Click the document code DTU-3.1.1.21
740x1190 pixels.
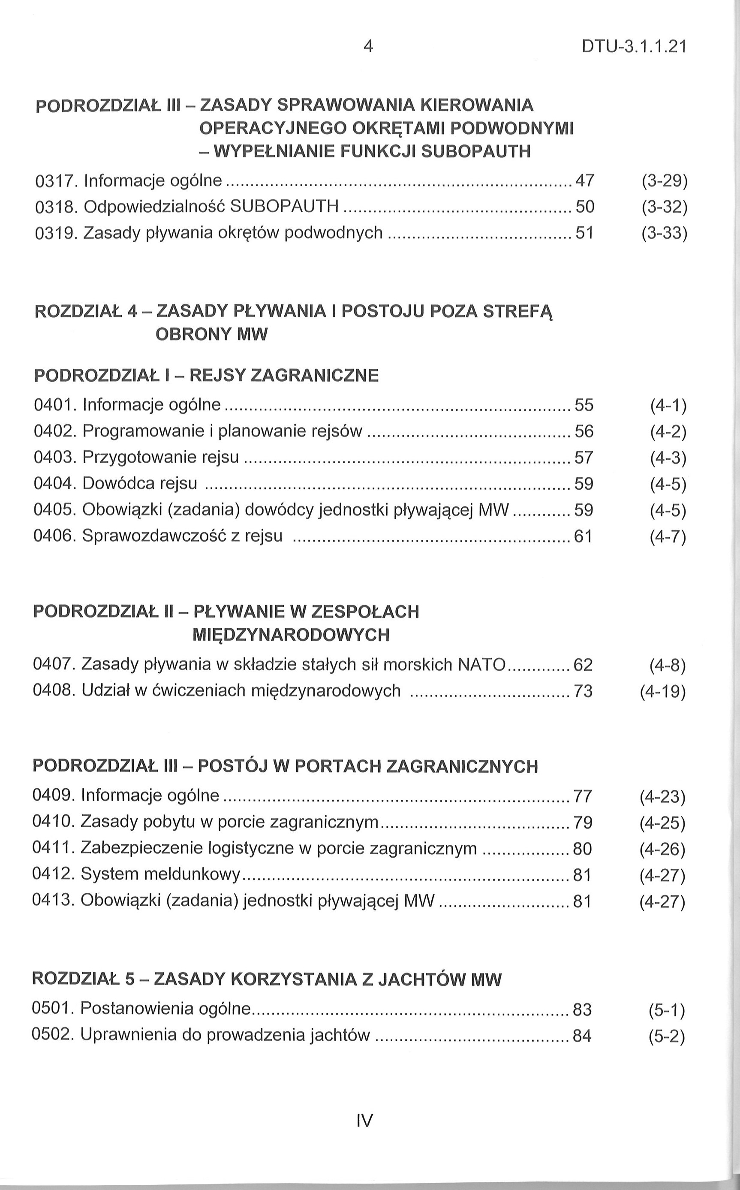pyautogui.click(x=634, y=47)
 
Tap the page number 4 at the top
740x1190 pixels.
pyautogui.click(x=368, y=46)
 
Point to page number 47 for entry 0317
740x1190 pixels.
pyautogui.click(x=584, y=181)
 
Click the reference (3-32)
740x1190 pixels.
pyautogui.click(x=665, y=208)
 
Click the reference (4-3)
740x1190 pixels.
pyautogui.click(x=668, y=458)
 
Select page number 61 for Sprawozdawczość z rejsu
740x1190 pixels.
pyautogui.click(x=583, y=537)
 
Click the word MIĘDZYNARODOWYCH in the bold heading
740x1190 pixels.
pyautogui.click(x=291, y=636)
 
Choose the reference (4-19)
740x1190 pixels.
pyautogui.click(x=663, y=692)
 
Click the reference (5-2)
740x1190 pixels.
pyautogui.click(x=667, y=1036)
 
